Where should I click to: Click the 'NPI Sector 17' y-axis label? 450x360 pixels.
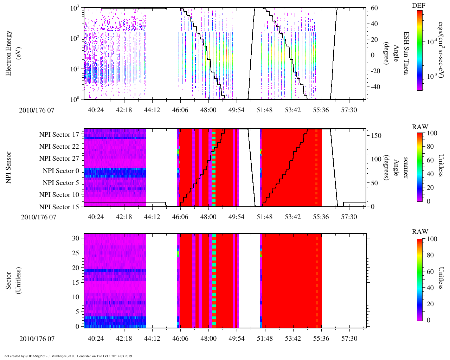(59, 134)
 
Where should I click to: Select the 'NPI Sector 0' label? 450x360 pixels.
(61, 171)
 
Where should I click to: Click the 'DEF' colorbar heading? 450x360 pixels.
(418, 6)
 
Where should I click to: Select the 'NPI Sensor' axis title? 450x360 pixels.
(9, 167)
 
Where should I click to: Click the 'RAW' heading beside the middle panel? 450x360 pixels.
(420, 127)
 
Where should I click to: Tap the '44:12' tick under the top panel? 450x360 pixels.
(152, 110)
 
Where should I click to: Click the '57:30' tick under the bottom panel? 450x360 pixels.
(349, 339)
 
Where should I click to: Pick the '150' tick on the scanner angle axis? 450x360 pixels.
(376, 136)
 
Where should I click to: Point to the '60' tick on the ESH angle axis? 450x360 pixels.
(374, 8)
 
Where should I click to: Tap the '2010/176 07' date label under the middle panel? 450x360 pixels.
(39, 217)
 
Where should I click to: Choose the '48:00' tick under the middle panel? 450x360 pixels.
(208, 217)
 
